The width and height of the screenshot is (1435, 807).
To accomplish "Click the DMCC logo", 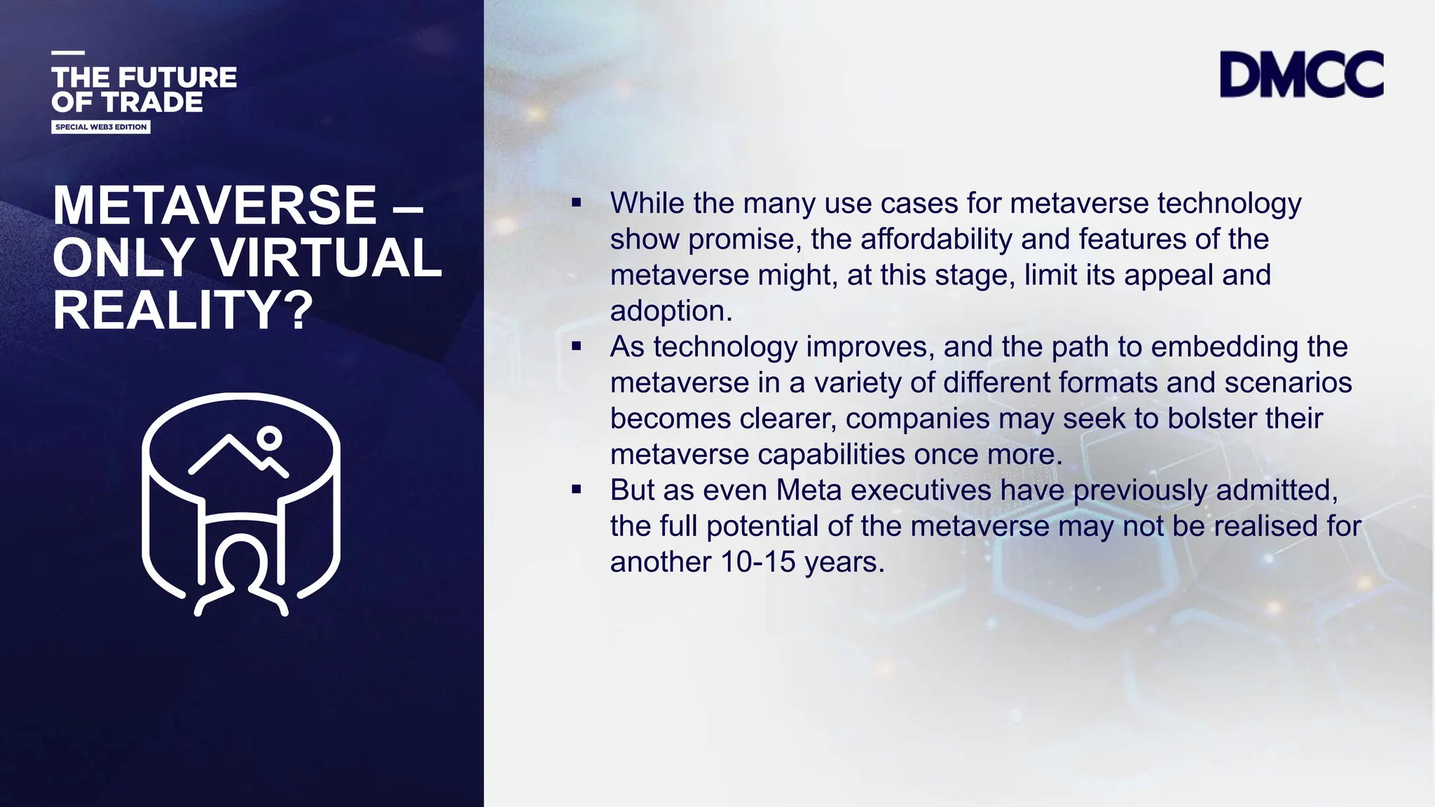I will point(1301,74).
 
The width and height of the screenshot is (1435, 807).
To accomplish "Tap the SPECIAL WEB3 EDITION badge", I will point(101,127).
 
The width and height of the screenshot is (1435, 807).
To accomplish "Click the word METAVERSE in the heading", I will point(215,205).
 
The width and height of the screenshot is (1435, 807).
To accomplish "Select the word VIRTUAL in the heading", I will point(327,258).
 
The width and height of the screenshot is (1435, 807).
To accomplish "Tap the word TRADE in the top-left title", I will point(152,102).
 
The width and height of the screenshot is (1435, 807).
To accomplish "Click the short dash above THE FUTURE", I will point(68,53).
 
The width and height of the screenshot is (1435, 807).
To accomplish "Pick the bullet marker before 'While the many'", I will point(576,203).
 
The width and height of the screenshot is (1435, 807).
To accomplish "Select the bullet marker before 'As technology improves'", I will point(576,346).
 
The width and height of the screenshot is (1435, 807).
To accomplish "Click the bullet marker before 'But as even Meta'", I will point(576,490).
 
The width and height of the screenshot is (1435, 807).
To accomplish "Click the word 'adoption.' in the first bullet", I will point(671,311).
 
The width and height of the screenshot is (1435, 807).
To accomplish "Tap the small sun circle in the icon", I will point(269,439).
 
